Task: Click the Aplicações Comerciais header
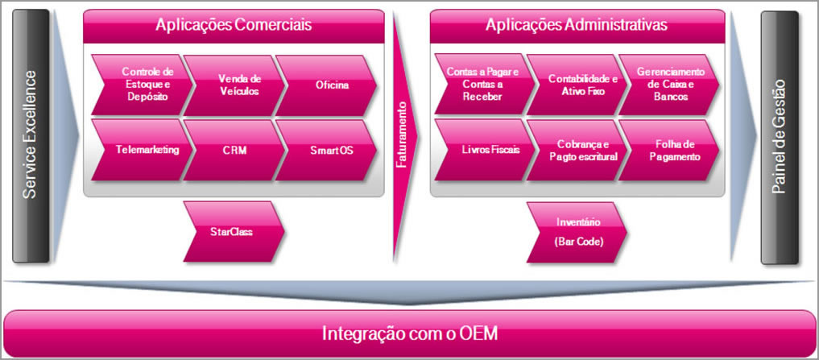(234, 25)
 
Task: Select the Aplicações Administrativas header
(577, 25)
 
